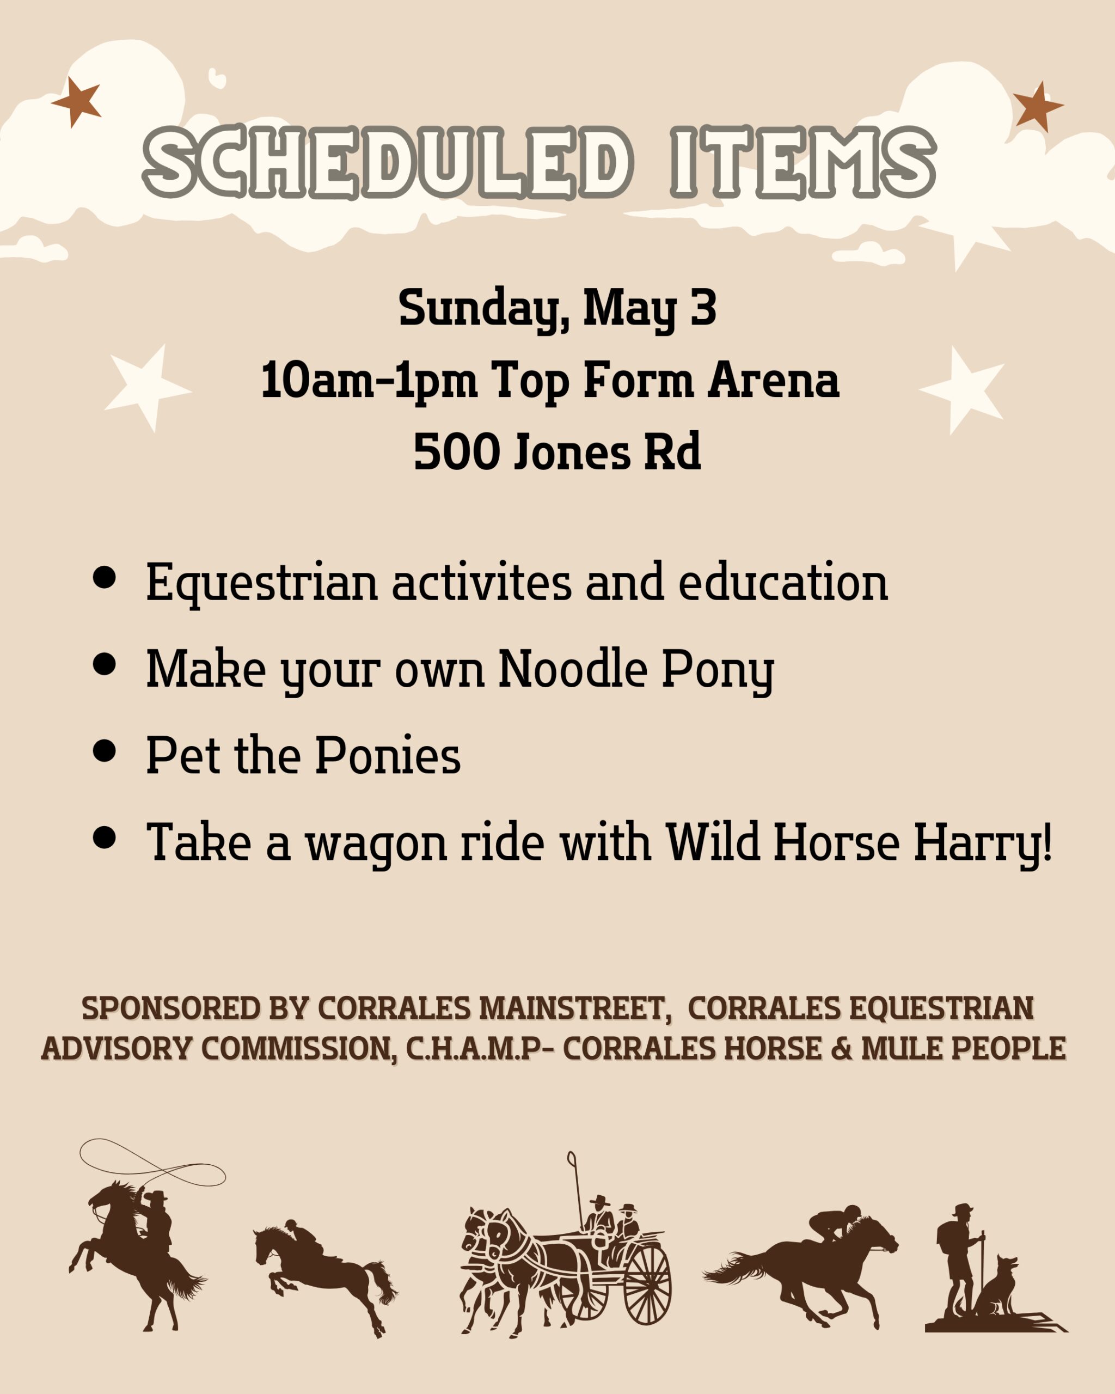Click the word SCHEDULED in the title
(x=387, y=162)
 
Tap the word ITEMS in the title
(x=803, y=162)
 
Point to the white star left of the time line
(x=147, y=388)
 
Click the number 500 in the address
(x=456, y=452)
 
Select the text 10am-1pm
(x=369, y=381)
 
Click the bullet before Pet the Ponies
(x=104, y=751)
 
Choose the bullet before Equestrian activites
(x=104, y=577)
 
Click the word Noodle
(x=573, y=668)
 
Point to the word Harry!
(x=983, y=843)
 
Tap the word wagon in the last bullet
(x=376, y=846)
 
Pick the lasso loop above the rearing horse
(x=152, y=1164)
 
